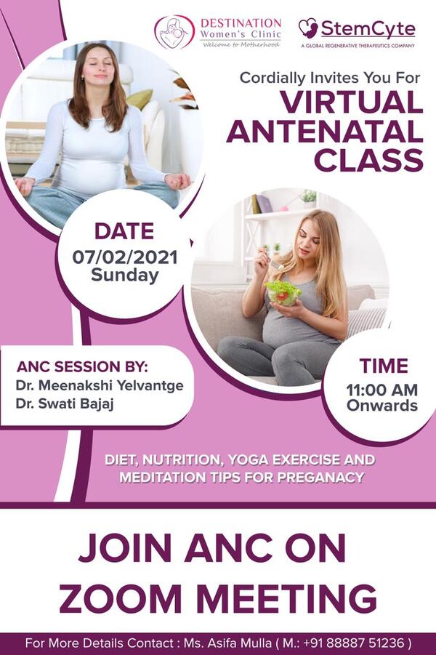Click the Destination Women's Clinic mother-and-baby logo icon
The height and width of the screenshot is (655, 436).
(x=174, y=32)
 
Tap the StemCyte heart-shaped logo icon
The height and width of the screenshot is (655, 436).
(x=308, y=28)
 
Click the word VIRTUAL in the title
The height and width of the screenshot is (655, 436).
(x=352, y=103)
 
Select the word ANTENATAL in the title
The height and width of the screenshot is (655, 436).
(x=325, y=131)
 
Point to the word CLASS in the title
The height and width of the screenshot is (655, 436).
(x=369, y=160)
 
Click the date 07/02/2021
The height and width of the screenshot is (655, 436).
(x=125, y=257)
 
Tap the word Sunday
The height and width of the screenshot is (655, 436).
(x=125, y=276)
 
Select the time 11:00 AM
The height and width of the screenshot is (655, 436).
(x=382, y=390)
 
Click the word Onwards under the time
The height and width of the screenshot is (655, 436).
(x=382, y=405)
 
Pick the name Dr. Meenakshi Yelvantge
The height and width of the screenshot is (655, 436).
(x=100, y=385)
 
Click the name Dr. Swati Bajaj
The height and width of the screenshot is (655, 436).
(x=65, y=404)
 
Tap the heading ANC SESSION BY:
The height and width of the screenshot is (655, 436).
(x=82, y=367)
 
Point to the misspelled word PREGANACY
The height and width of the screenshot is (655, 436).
(x=320, y=477)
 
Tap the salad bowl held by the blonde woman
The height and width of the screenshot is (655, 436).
(x=283, y=292)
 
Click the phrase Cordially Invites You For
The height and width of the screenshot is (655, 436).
(x=330, y=78)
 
